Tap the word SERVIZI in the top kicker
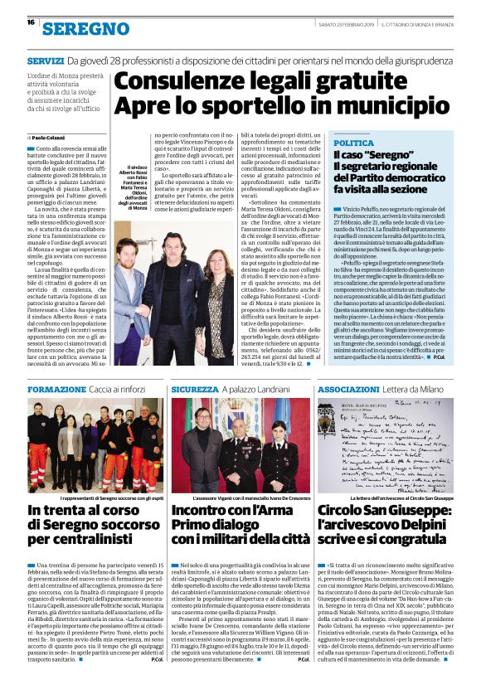[x=45, y=61]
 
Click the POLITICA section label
[x=354, y=143]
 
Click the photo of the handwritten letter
[x=384, y=446]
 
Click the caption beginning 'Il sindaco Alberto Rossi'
[x=132, y=187]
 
